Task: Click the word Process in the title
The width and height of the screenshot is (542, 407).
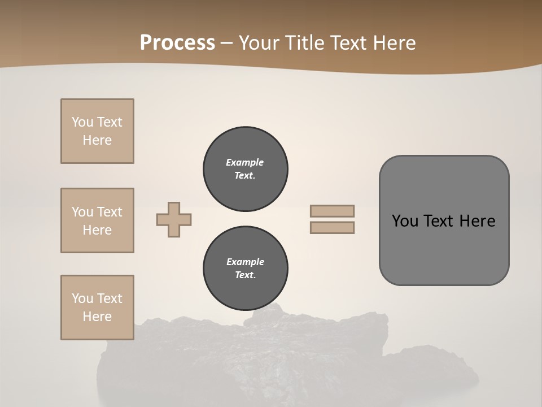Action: click(177, 43)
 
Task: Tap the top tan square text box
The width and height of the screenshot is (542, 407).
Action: click(97, 131)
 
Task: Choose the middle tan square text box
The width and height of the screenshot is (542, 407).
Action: click(97, 220)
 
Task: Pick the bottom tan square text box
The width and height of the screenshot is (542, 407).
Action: click(97, 308)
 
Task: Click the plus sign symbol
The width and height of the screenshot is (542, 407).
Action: click(174, 219)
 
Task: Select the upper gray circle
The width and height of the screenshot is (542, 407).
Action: click(245, 169)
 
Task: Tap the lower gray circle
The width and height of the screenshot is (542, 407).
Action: click(245, 269)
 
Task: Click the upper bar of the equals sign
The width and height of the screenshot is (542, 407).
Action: click(332, 211)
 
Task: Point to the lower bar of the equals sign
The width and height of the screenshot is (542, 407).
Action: click(332, 228)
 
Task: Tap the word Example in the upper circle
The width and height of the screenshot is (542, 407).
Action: click(245, 162)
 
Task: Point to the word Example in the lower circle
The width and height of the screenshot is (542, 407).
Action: click(245, 262)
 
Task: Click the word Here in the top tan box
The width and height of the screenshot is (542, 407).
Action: click(97, 140)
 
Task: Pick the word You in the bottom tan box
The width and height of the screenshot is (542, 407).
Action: click(82, 298)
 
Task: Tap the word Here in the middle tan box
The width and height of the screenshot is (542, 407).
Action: click(97, 230)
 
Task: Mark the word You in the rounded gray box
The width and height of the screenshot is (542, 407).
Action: click(405, 221)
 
